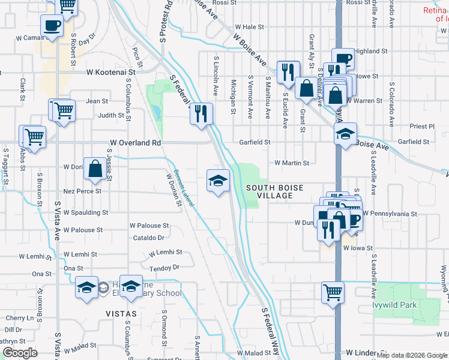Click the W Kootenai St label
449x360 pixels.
(x=112, y=71)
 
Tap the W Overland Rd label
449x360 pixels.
(x=136, y=143)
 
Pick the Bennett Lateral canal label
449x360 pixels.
(x=184, y=187)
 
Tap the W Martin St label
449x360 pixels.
(x=291, y=163)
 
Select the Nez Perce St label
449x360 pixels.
(x=82, y=191)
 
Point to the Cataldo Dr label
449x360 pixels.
(x=148, y=238)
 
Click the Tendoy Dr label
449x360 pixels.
(x=164, y=268)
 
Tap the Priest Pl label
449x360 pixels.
(x=422, y=127)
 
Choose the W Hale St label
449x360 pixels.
(x=250, y=27)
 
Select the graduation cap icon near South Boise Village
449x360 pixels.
(x=218, y=179)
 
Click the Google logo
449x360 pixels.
(x=19, y=353)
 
